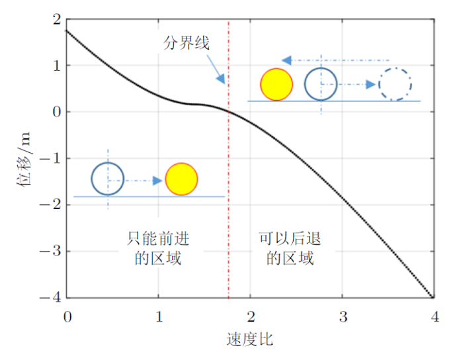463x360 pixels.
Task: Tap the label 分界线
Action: click(x=187, y=44)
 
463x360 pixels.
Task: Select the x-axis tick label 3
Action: click(x=343, y=316)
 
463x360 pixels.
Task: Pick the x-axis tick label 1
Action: click(x=159, y=316)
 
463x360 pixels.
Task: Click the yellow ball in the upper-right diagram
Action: click(x=276, y=84)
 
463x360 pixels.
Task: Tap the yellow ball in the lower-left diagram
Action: click(x=181, y=179)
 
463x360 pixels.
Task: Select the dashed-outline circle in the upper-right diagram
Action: click(x=396, y=84)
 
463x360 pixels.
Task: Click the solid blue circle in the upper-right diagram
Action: click(x=321, y=84)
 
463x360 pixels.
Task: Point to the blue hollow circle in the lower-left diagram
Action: click(x=108, y=179)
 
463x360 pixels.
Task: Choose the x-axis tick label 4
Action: click(x=434, y=316)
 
